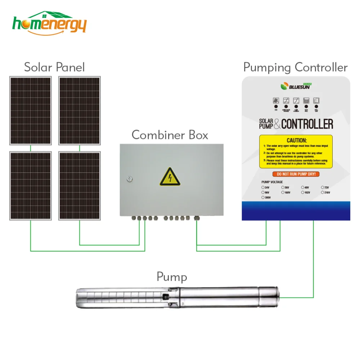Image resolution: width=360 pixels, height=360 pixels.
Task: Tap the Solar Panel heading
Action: tap(54, 67)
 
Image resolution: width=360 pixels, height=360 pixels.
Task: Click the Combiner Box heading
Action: tap(170, 135)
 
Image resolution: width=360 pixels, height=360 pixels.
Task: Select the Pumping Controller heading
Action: tap(295, 67)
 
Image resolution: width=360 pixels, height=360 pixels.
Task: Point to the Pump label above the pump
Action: tap(172, 277)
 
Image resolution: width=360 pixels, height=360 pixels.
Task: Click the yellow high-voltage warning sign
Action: tap(170, 176)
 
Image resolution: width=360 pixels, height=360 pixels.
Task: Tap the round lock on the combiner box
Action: tap(130, 179)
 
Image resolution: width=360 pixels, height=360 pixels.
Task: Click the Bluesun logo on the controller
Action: tap(295, 86)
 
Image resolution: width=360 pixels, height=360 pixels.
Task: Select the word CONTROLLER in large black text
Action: tap(307, 124)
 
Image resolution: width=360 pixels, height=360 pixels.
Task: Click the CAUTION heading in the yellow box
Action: tap(296, 140)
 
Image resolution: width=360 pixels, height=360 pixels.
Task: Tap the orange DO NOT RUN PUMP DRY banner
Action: tap(296, 174)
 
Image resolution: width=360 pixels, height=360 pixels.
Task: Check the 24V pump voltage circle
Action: tap(263, 188)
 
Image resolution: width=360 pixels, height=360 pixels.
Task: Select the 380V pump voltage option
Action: tap(263, 198)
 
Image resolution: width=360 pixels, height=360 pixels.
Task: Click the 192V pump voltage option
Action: tap(303, 193)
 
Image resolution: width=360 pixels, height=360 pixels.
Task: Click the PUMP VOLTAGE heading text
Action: tap(272, 182)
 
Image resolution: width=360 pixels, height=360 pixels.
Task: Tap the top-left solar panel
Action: tap(31, 111)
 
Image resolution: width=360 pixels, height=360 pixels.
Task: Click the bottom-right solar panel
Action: tap(80, 185)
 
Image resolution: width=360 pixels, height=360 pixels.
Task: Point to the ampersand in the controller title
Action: tap(277, 124)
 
